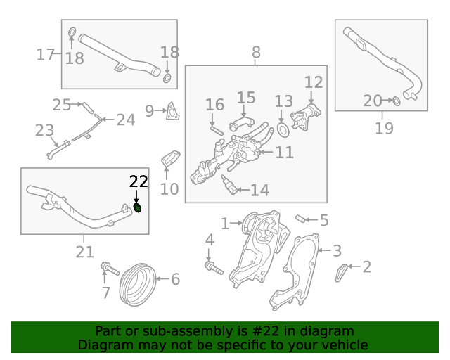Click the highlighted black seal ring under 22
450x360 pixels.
(138, 208)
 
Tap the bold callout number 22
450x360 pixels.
(139, 181)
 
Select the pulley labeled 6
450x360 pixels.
(138, 284)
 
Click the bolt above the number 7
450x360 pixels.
(110, 269)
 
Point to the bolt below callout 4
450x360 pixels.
(214, 268)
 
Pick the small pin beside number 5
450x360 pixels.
(300, 219)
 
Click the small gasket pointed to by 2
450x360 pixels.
(340, 273)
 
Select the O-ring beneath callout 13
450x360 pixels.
(283, 130)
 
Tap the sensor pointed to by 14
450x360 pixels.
(229, 185)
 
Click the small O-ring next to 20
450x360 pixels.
(397, 101)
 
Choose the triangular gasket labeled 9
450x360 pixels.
(173, 111)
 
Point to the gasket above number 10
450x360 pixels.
(170, 158)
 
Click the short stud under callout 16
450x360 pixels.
(217, 131)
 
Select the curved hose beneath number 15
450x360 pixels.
(241, 122)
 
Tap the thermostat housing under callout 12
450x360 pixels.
(305, 116)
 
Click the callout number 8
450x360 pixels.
(256, 53)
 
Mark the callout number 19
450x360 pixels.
(384, 128)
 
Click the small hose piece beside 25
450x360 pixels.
(88, 108)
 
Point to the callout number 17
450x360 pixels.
(45, 54)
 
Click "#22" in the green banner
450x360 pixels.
(266, 331)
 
